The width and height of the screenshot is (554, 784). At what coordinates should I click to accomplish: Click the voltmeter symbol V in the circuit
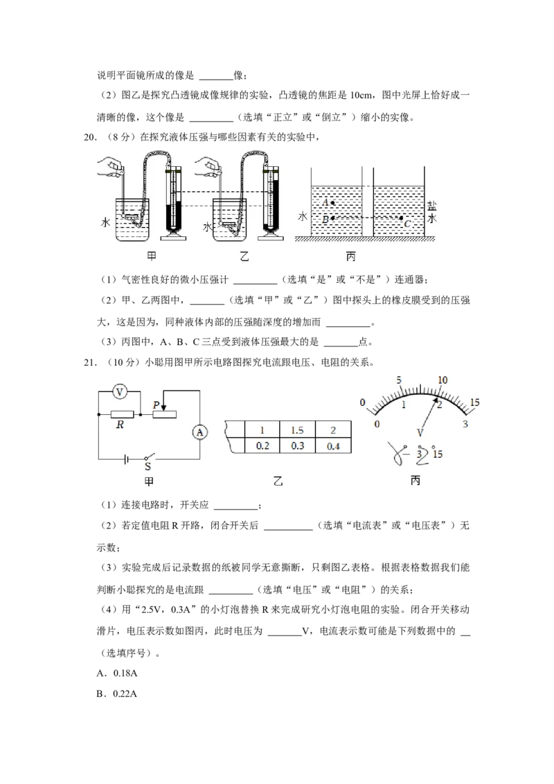tap(120, 393)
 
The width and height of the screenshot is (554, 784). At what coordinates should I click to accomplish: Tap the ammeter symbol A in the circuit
tap(200, 432)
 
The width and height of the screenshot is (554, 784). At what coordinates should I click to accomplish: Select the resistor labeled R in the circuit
tap(122, 414)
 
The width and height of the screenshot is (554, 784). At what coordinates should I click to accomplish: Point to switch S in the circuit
tap(148, 458)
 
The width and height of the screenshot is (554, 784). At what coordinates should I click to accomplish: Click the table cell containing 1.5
tap(297, 430)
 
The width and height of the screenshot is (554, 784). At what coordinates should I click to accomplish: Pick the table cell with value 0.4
tap(334, 446)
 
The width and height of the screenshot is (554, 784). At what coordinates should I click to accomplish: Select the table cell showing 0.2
tap(262, 446)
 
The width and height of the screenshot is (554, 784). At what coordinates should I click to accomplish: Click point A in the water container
tap(332, 203)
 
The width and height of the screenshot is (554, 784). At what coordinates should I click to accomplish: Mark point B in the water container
tap(332, 218)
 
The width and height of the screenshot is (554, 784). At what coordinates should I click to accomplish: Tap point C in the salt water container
tap(401, 218)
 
